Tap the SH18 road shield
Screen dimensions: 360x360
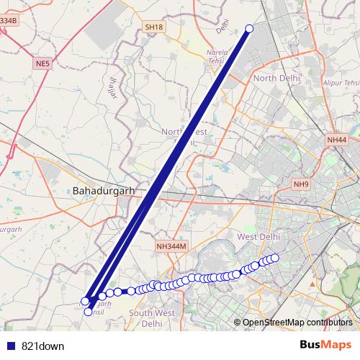click(154, 27)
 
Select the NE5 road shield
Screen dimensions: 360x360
click(42, 64)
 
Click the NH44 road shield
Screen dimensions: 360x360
click(336, 140)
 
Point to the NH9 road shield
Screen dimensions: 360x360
click(301, 184)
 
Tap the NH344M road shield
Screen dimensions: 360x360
click(171, 246)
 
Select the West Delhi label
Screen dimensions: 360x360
click(258, 238)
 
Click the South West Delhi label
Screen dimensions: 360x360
click(151, 318)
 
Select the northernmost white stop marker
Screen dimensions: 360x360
click(250, 29)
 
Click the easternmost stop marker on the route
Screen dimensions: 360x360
click(274, 258)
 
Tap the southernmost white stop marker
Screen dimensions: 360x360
click(89, 312)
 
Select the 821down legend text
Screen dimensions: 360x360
click(43, 346)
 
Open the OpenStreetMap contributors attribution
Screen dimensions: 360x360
click(297, 323)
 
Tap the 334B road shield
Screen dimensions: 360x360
click(7, 21)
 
